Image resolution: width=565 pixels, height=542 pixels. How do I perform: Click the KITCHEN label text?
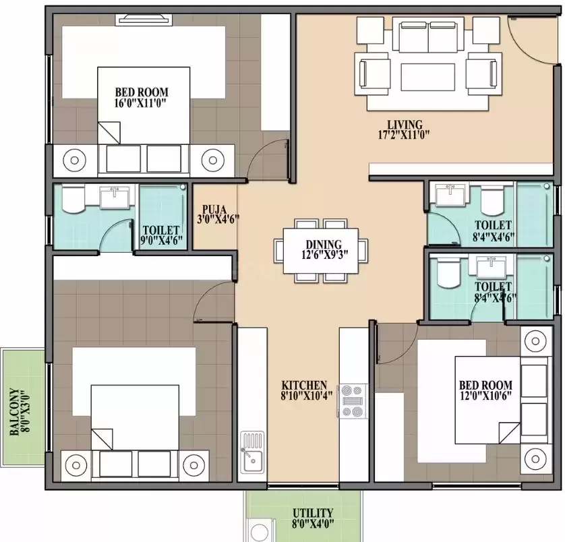click(305, 385)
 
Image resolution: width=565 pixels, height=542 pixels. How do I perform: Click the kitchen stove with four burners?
click(353, 400)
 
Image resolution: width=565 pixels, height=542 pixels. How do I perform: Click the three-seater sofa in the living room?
click(427, 39)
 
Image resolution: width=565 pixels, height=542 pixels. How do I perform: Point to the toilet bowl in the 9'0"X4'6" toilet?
click(72, 200)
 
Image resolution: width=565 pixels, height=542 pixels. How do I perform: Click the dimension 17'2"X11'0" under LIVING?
click(404, 134)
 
